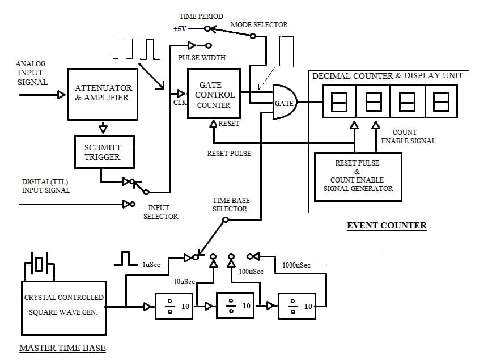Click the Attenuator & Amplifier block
(x=103, y=94)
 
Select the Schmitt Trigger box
(x=104, y=152)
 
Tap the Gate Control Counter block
(x=214, y=94)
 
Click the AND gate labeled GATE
(x=285, y=103)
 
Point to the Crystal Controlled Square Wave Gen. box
(x=64, y=306)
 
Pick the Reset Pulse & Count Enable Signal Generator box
(x=358, y=176)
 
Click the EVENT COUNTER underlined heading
(x=387, y=226)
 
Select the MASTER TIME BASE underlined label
(x=62, y=348)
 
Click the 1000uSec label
(x=296, y=265)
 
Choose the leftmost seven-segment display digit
(x=340, y=102)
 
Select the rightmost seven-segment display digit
(x=440, y=102)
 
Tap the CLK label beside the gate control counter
(x=179, y=103)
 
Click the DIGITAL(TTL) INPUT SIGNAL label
(x=45, y=186)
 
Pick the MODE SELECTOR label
(x=259, y=25)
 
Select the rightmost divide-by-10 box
(x=297, y=307)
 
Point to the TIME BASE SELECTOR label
(x=230, y=205)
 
